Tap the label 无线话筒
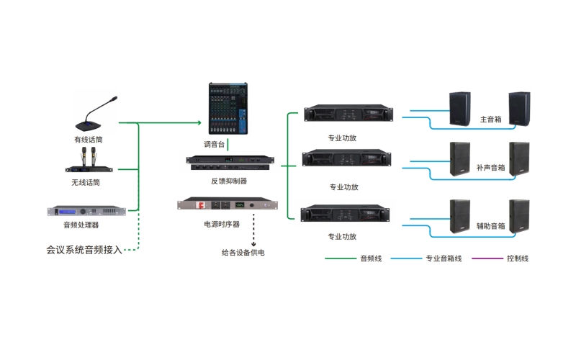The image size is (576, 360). click(86, 183)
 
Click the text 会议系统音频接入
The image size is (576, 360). click(84, 250)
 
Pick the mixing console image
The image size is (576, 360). click(228, 109)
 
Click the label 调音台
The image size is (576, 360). click(215, 144)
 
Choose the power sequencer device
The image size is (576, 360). click(227, 204)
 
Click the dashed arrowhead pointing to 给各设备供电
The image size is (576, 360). click(253, 241)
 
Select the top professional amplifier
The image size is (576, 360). click(348, 114)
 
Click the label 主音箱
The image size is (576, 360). click(490, 120)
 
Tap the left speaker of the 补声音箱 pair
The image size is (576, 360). click(460, 160)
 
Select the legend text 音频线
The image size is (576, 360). click(371, 258)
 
